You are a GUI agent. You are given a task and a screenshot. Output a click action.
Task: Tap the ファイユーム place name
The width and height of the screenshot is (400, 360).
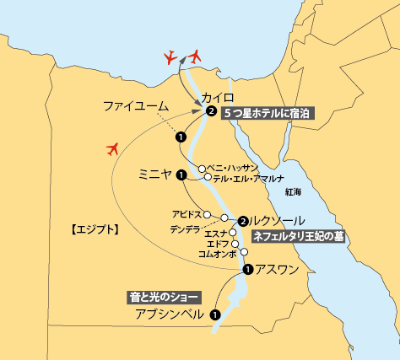136,106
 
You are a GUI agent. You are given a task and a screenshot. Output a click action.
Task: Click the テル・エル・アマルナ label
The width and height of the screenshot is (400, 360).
247,178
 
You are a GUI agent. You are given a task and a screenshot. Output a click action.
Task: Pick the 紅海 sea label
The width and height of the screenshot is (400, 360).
293,192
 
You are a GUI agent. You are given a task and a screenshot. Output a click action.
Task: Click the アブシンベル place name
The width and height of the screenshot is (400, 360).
170,314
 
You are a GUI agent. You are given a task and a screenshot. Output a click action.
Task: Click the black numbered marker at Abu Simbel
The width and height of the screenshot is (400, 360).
215,314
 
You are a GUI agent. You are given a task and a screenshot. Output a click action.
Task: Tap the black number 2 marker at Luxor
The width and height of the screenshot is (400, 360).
243,221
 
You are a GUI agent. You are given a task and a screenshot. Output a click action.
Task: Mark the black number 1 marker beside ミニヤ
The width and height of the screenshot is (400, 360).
181,175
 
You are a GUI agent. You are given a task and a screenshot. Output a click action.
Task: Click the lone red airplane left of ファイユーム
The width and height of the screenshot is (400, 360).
112,149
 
